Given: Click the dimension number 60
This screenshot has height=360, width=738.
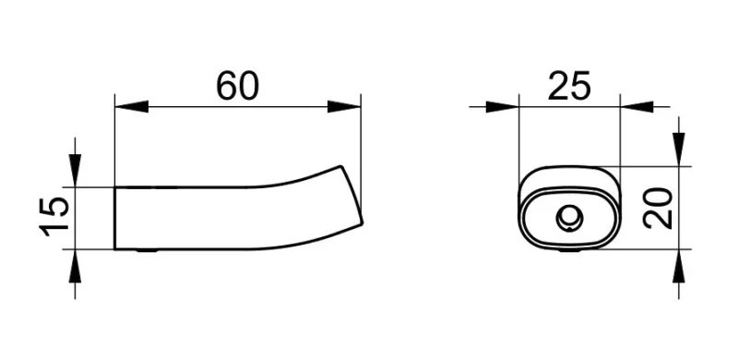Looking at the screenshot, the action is (237, 86).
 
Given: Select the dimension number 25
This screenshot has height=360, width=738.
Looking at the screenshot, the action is (568, 86).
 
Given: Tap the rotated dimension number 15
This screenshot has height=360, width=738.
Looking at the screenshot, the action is (54, 217).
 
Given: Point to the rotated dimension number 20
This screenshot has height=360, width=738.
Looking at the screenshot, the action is (658, 208).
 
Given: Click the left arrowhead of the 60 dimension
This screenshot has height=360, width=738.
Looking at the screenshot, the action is (131, 106).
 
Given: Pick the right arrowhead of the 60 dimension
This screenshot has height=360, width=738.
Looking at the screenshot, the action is (344, 106).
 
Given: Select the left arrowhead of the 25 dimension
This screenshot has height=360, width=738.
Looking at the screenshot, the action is (502, 107).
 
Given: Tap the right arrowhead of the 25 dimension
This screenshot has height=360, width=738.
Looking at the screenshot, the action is (637, 107).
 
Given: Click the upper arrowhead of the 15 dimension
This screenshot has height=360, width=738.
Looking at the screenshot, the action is (75, 171).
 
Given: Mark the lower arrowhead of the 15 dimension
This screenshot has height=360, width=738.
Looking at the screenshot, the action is (75, 266).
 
